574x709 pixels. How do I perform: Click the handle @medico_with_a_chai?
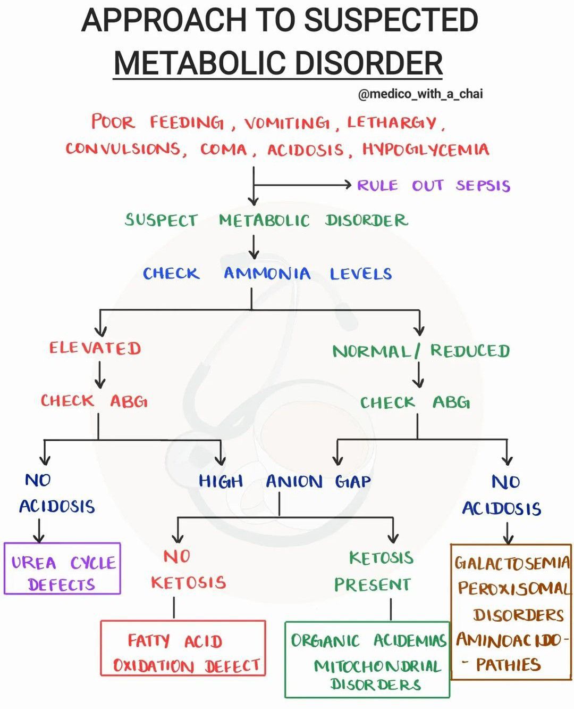pyautogui.click(x=420, y=94)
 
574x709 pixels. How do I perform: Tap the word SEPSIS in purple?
pyautogui.click(x=483, y=185)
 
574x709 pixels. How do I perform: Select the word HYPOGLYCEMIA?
pyautogui.click(x=425, y=149)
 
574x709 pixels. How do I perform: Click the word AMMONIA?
pyautogui.click(x=267, y=274)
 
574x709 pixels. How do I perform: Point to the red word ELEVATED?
pyautogui.click(x=95, y=348)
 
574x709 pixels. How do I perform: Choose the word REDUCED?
pyautogui.click(x=470, y=351)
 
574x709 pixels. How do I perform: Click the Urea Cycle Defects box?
pyautogui.click(x=62, y=568)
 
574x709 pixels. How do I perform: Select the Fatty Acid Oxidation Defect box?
pyautogui.click(x=183, y=648)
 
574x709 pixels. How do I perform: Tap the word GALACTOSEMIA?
pyautogui.click(x=512, y=563)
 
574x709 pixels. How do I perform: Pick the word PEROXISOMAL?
pyautogui.click(x=513, y=588)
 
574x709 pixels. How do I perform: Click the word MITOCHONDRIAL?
pyautogui.click(x=377, y=666)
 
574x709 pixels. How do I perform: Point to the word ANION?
pyautogui.click(x=294, y=482)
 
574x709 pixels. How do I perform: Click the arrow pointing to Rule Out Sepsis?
pyautogui.click(x=303, y=185)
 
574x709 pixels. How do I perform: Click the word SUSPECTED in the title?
pyautogui.click(x=391, y=20)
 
